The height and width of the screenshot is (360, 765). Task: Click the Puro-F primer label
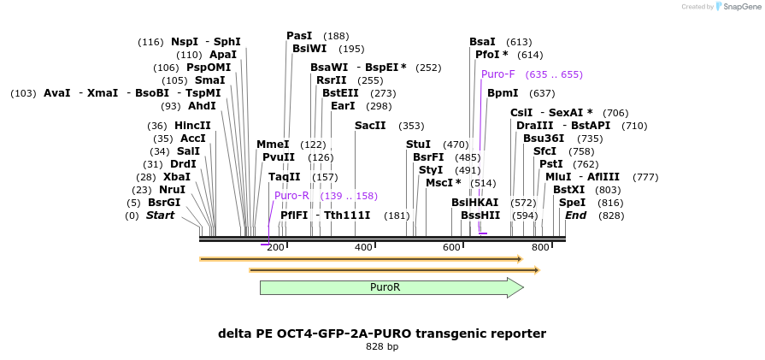click(x=497, y=74)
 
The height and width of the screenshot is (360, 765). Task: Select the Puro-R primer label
click(x=291, y=196)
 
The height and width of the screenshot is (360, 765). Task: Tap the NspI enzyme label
click(x=184, y=41)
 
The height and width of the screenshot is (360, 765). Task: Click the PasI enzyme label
click(x=299, y=36)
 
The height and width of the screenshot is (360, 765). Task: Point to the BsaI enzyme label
click(x=482, y=41)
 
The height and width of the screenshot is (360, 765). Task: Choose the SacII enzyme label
click(x=370, y=125)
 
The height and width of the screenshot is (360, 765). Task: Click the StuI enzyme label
click(x=418, y=145)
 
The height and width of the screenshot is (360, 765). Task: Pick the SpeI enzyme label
click(x=572, y=202)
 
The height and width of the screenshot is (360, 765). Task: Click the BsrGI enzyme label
click(x=164, y=203)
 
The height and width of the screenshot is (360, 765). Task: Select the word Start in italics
click(x=160, y=215)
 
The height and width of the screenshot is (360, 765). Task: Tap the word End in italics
click(x=575, y=215)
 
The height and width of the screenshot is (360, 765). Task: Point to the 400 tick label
click(x=363, y=247)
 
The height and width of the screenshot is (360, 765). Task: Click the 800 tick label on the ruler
click(x=540, y=247)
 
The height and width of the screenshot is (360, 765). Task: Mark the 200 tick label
click(x=275, y=247)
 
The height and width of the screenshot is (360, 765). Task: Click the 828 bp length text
click(x=382, y=346)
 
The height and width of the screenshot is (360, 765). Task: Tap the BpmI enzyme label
click(x=503, y=93)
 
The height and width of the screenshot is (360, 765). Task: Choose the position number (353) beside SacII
click(x=411, y=126)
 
